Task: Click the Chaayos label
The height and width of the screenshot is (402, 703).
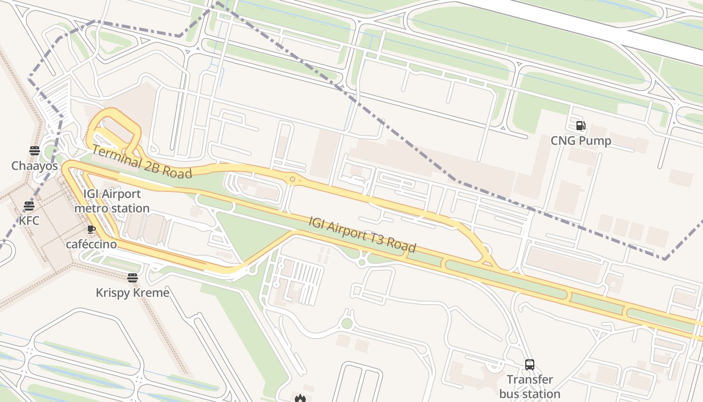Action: coord(35,166)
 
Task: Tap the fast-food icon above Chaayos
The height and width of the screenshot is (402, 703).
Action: coord(34,150)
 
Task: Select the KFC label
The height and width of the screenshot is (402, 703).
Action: coord(29,221)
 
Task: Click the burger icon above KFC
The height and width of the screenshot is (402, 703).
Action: coord(29,206)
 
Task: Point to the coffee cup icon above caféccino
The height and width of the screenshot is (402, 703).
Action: coord(91,230)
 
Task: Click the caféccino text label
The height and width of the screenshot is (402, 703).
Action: coord(91,245)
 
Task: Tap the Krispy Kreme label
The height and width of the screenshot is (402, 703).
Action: coord(133,292)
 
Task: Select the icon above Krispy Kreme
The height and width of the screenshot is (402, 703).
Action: coord(133,277)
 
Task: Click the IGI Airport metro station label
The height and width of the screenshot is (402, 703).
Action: coord(112,201)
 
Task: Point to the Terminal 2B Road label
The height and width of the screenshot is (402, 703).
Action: coord(142,162)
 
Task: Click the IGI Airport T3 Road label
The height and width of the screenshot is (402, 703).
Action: coord(362,234)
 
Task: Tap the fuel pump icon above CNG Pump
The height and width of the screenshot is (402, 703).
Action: coord(580,126)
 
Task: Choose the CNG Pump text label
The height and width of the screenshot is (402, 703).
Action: coord(581,141)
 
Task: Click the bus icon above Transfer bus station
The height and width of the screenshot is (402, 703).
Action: coord(529,365)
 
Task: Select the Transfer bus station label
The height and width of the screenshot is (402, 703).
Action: coord(530,386)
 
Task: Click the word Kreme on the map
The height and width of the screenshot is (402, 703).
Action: coord(151,292)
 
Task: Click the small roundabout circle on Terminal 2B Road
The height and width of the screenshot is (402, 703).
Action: coord(292,178)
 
